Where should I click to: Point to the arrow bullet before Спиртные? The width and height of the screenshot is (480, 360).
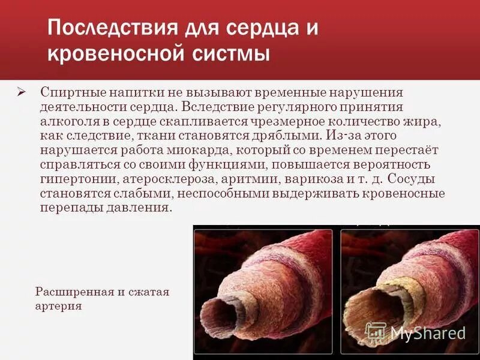pyautogui.click(x=22, y=92)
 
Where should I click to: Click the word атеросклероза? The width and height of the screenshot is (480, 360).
pyautogui.click(x=160, y=179)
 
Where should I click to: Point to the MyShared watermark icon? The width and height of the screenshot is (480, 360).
pyautogui.click(x=376, y=332)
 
